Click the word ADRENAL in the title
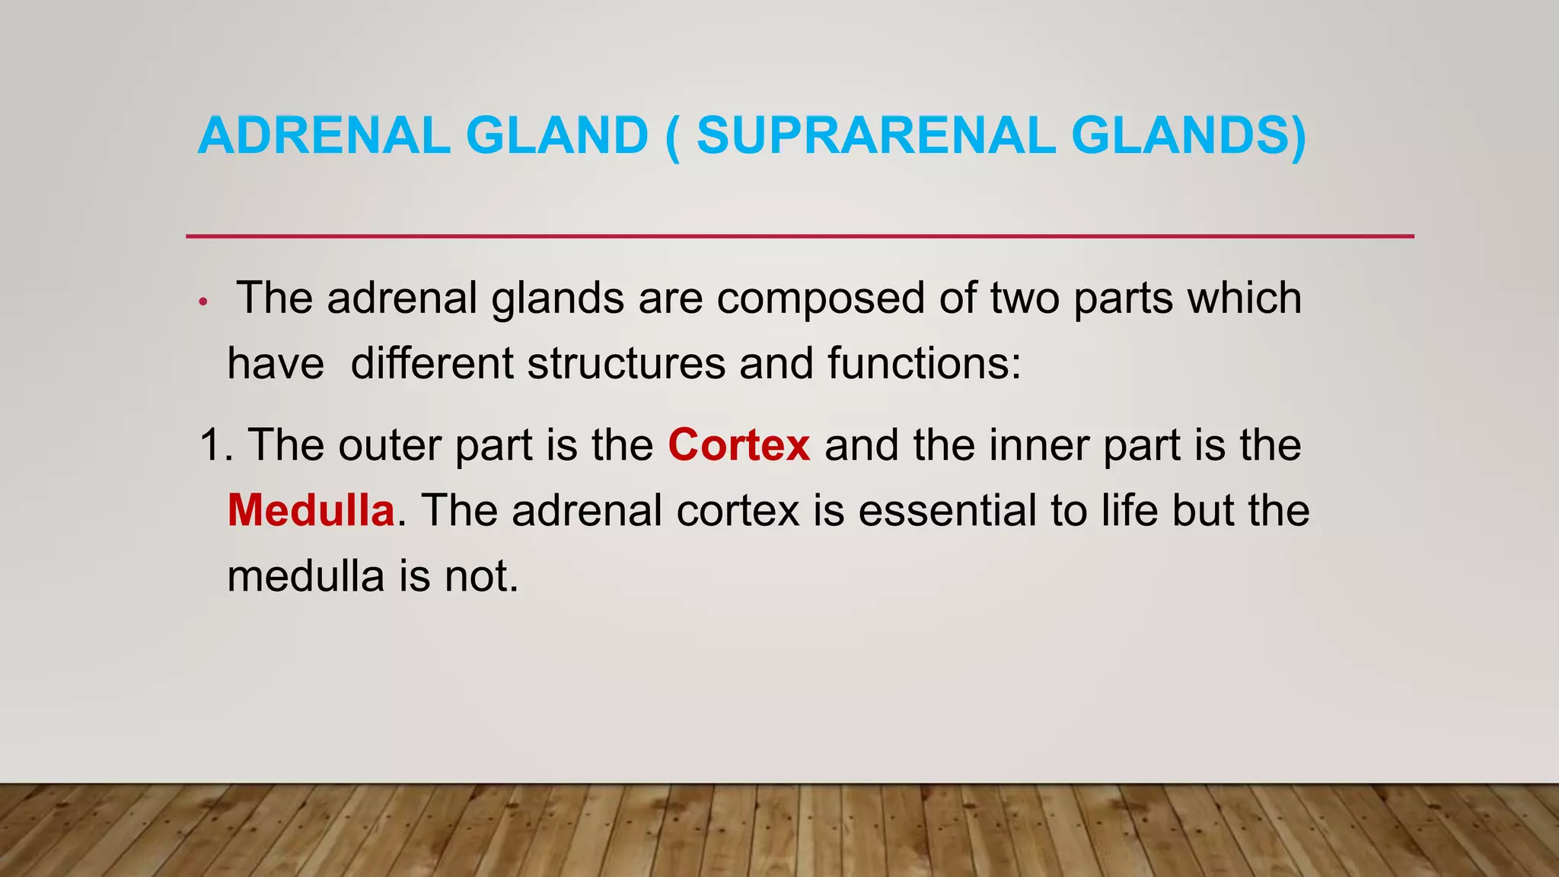tap(324, 136)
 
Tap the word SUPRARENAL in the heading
tap(875, 136)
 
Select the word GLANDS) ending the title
tap(1188, 136)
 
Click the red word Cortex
tap(738, 445)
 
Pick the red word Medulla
tap(311, 510)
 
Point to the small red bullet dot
tap(202, 302)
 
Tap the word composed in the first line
tap(819, 298)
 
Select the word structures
tap(626, 363)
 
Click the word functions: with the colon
tap(924, 363)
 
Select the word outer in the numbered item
tap(389, 445)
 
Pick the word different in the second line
tap(432, 363)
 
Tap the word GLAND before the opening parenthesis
tap(556, 136)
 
